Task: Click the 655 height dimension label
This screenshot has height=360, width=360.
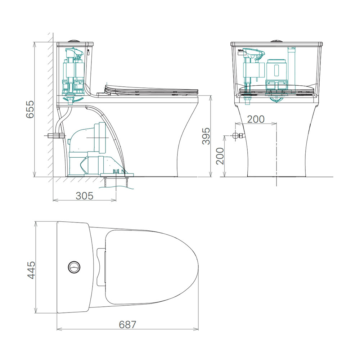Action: point(30,109)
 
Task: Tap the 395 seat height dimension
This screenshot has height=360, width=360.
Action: point(206,136)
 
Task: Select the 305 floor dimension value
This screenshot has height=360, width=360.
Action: point(85,196)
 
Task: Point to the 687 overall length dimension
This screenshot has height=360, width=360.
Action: point(127,324)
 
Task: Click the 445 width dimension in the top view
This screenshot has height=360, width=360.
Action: point(31,270)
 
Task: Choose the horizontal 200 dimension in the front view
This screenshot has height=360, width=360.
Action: point(256,119)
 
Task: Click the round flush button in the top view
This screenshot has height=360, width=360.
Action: point(74,267)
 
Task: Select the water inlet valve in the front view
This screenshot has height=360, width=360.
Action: point(238,136)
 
